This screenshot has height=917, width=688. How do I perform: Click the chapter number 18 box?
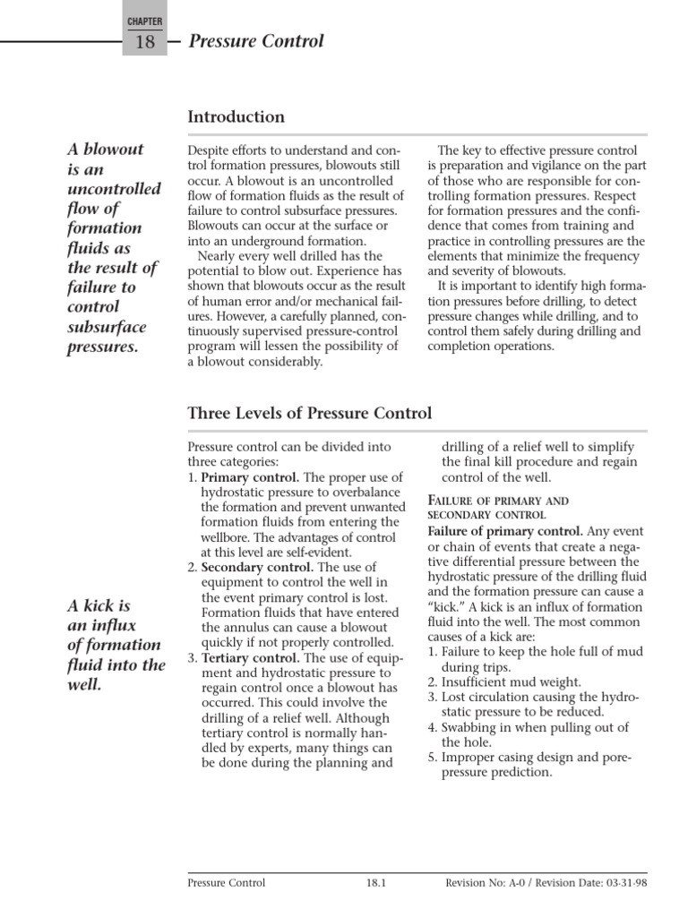144,42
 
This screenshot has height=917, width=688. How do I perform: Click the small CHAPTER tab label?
144,19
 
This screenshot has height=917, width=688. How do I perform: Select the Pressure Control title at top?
256,41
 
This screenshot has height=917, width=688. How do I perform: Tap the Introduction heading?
236,117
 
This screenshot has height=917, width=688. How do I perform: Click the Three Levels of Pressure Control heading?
309,413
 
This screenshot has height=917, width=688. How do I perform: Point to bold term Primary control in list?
239,477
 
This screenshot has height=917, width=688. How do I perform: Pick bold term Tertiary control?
242,656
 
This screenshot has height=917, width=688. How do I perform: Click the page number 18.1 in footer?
374,883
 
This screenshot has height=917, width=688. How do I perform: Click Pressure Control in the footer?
226,883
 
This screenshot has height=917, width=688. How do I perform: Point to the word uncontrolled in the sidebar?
115,189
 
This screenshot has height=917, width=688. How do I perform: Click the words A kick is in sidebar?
99,605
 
